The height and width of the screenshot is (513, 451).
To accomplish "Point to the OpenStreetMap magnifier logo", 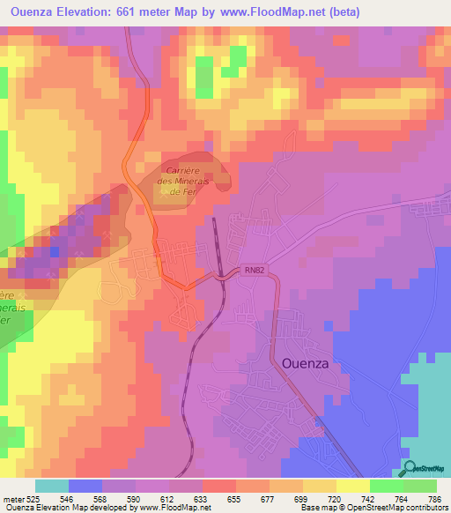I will [410, 468].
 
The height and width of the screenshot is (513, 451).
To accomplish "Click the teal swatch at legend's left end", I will [52, 486].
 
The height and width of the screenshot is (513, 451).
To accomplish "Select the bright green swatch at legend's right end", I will [420, 486].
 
